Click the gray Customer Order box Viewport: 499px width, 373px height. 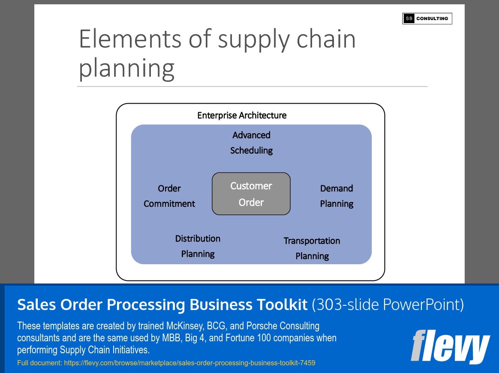[251, 194]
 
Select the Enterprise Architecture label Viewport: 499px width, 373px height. [242, 116]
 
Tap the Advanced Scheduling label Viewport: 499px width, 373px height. [252, 143]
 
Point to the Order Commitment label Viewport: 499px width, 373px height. [169, 196]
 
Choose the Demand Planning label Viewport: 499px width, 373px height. [337, 196]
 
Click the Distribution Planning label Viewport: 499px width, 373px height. [198, 246]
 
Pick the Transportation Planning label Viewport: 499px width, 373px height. [312, 248]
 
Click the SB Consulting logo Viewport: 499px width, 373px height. [427, 18]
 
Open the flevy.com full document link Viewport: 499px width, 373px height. [189, 363]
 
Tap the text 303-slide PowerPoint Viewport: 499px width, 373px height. [388, 304]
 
